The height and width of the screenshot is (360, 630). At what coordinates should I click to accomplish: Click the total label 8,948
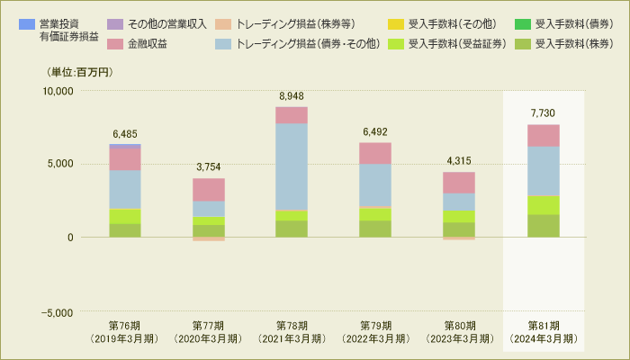click(x=292, y=95)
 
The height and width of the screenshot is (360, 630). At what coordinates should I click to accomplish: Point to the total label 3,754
click(x=209, y=166)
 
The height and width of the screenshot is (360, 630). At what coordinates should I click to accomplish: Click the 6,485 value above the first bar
click(x=125, y=133)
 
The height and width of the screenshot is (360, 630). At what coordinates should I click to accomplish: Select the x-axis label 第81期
click(x=543, y=326)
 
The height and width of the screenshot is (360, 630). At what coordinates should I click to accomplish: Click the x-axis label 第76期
click(x=125, y=326)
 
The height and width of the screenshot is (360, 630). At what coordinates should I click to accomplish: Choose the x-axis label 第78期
click(x=292, y=326)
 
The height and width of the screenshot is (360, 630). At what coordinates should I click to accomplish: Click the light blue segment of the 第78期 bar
click(x=292, y=166)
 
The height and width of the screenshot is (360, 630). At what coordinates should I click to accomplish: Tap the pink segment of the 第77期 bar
click(x=209, y=189)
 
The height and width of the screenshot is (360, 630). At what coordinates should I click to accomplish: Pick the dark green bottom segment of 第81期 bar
click(x=543, y=226)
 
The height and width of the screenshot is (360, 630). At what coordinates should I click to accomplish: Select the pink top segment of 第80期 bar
click(x=459, y=183)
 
